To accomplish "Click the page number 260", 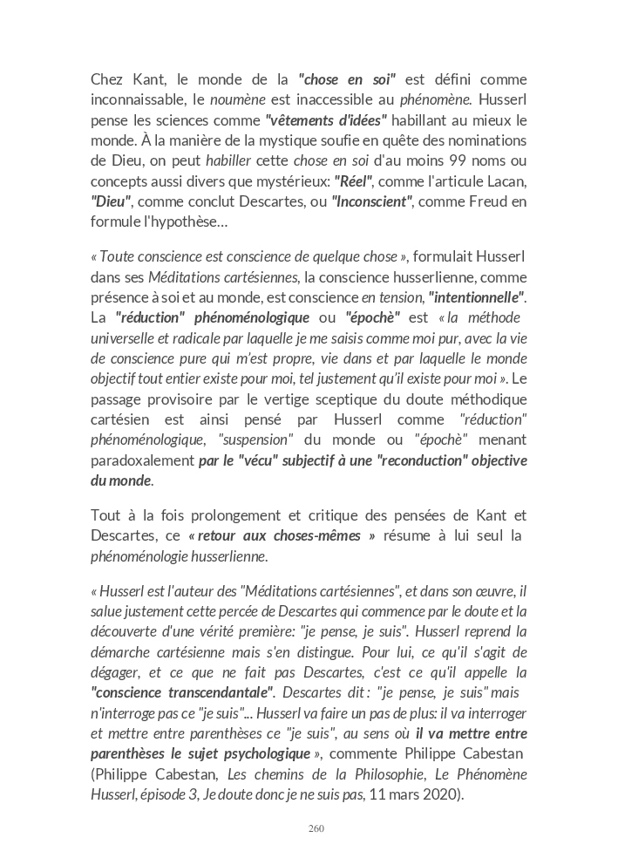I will pos(316,828).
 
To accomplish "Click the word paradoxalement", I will pos(142,460).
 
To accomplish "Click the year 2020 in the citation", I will pos(442,794).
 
